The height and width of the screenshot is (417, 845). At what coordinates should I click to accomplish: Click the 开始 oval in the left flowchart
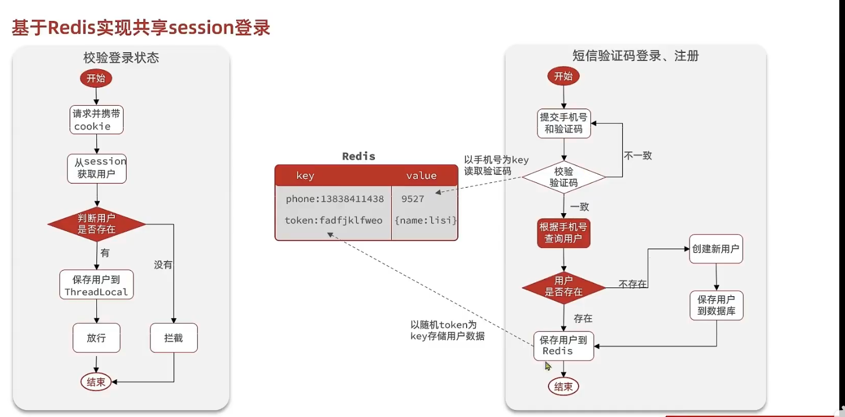coord(96,79)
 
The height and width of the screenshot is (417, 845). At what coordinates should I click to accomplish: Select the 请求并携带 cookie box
coord(96,120)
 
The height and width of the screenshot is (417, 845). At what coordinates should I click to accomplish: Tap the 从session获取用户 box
coord(96,168)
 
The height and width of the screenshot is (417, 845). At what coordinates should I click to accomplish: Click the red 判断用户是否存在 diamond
coord(96,224)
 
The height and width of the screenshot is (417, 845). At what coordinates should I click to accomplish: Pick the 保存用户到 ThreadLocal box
coord(96,285)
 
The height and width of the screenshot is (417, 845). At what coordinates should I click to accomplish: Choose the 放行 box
coord(96,338)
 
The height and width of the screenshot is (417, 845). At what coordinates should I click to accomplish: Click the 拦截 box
coord(174,338)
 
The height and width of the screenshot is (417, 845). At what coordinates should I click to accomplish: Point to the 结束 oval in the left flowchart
coord(96,382)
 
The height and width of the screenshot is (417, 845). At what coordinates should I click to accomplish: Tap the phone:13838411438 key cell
coord(334,199)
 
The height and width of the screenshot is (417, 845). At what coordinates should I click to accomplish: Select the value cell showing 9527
coord(413,199)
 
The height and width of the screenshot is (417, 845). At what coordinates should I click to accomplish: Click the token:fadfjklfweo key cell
coord(334,221)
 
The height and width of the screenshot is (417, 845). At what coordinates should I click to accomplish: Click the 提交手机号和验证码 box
coord(564,123)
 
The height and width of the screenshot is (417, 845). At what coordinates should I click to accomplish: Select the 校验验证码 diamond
coord(564,177)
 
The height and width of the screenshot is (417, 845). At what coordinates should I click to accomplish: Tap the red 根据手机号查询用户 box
coord(564,232)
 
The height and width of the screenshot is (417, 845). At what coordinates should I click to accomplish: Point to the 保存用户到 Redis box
coord(564,346)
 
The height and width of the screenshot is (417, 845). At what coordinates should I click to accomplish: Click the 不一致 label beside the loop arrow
coord(638,156)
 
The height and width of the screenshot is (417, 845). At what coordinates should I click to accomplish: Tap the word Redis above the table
coord(359,156)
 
